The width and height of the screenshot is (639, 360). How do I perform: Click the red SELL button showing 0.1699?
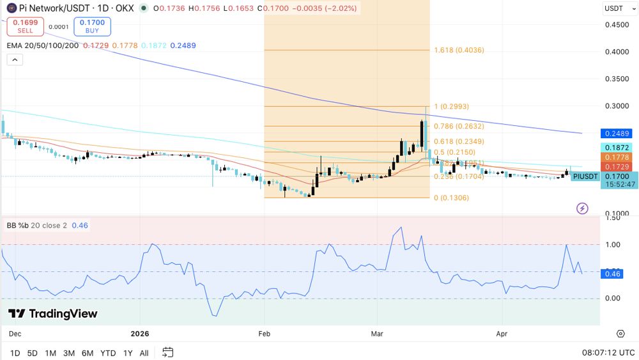25,26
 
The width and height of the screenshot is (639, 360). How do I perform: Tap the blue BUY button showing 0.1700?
92,26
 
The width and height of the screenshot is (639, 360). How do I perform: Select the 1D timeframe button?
15,353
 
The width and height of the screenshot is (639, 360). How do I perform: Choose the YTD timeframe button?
108,353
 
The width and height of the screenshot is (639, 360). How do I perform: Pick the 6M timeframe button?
88,353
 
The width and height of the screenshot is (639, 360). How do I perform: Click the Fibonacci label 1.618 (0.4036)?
459,50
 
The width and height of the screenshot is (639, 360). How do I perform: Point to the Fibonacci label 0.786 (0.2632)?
459,126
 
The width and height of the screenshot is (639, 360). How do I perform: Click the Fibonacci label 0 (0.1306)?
451,198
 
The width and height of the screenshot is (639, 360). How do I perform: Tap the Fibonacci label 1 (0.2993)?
451,106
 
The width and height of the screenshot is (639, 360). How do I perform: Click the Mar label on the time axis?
377,333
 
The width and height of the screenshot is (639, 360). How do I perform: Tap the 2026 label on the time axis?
139,333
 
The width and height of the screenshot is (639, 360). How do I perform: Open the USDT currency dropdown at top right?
618,8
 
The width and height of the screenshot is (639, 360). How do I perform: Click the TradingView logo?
53,313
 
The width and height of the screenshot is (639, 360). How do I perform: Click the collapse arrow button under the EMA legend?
14,59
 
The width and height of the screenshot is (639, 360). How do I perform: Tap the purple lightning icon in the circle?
582,208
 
